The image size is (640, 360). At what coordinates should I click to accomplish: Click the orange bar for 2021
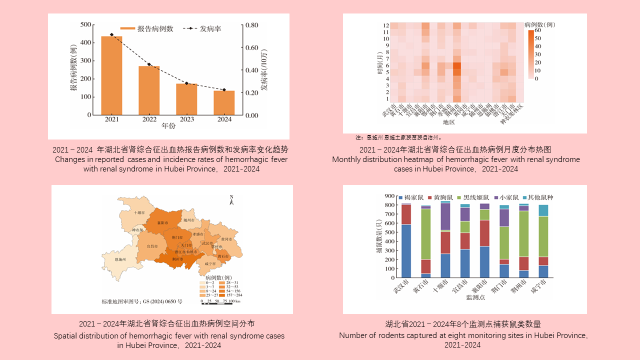[x=111, y=75]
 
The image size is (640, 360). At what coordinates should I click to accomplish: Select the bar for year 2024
[x=224, y=102]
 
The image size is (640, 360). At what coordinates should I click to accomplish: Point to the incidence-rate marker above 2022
[x=149, y=64]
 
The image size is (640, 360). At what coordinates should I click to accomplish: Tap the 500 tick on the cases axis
[x=85, y=24]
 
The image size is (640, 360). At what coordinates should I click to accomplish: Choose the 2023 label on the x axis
[x=186, y=120]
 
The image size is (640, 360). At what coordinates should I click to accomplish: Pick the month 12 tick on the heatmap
[x=386, y=25]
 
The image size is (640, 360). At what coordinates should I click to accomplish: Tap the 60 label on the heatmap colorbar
[x=538, y=30]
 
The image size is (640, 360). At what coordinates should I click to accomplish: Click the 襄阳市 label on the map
[x=162, y=223]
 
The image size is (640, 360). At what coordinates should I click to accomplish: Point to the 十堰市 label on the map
[x=140, y=212]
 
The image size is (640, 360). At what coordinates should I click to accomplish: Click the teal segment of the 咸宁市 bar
[x=542, y=210]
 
